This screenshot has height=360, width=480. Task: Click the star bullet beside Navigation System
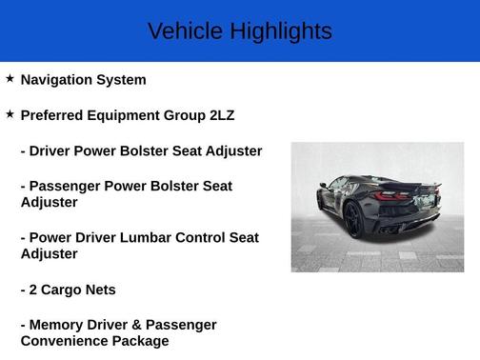tap(10, 79)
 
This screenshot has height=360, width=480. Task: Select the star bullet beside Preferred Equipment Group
tap(10, 114)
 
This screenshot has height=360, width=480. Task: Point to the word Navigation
tap(60, 80)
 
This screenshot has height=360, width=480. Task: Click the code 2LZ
tap(222, 115)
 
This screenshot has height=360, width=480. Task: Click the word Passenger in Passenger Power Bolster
tap(68, 186)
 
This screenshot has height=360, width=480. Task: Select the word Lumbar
tap(149, 237)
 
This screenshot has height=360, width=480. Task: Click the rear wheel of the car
tap(353, 219)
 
